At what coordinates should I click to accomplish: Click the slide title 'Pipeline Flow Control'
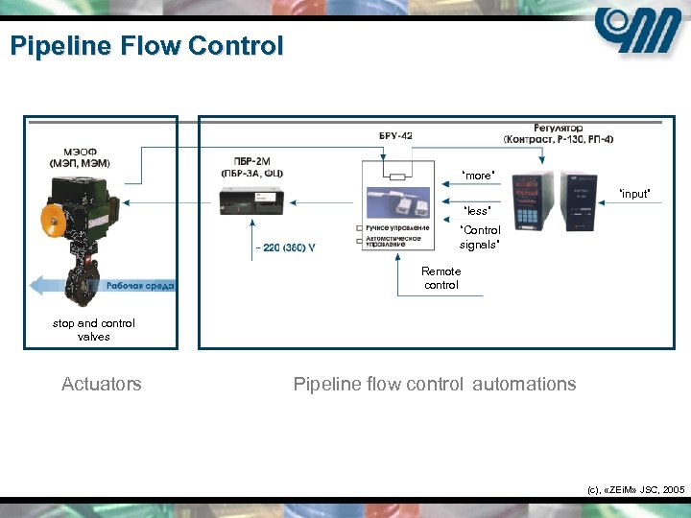(147, 46)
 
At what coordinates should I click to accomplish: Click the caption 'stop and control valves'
(94, 330)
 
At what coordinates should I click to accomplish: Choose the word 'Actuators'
(101, 384)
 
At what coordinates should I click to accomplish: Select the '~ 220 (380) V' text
(284, 247)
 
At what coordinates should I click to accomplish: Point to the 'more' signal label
(478, 176)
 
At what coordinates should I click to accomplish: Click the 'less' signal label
(477, 210)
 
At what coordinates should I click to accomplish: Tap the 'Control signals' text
(480, 237)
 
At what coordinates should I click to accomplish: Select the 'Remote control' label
(441, 278)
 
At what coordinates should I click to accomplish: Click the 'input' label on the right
(634, 194)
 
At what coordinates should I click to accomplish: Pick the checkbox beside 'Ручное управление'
(359, 228)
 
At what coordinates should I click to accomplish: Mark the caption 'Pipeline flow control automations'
(434, 384)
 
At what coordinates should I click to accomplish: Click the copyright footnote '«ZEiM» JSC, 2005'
(635, 489)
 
